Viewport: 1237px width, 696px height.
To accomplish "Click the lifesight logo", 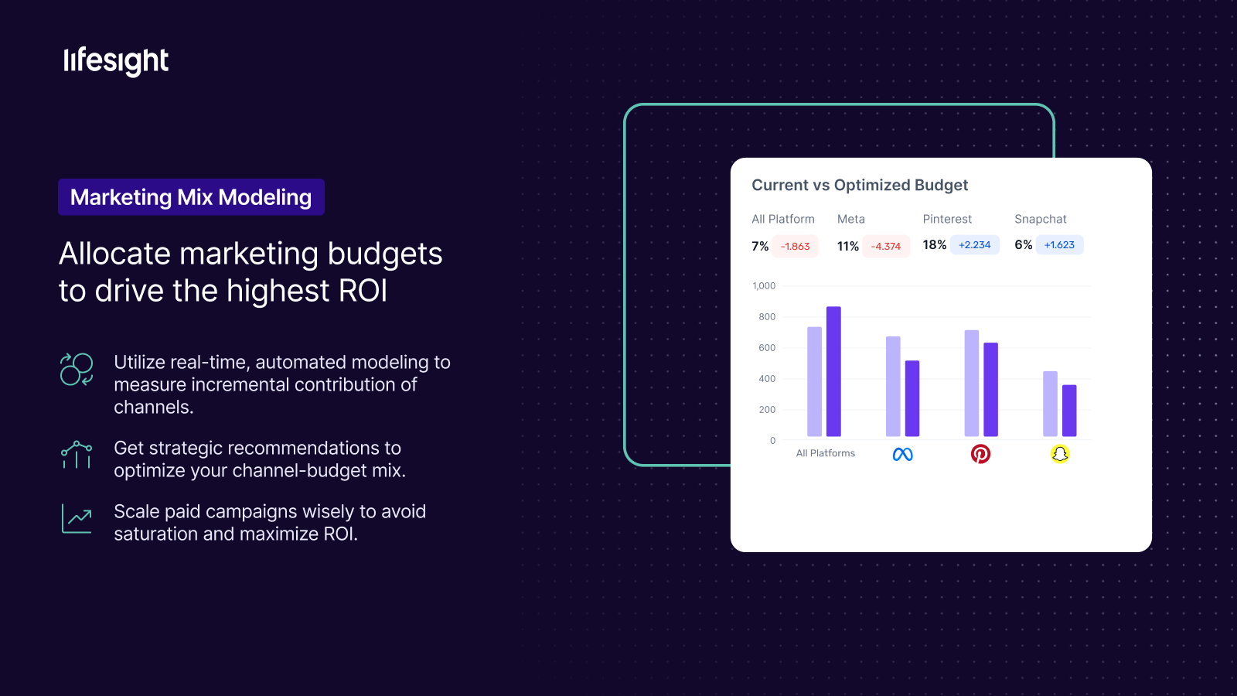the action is pos(116,61).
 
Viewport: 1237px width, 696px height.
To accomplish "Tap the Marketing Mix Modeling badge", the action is pos(191,197).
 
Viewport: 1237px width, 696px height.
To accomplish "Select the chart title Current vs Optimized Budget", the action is pos(860,185).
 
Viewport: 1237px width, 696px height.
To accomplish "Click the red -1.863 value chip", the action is pos(796,247).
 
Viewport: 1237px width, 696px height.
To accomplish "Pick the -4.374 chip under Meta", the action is pos(886,247).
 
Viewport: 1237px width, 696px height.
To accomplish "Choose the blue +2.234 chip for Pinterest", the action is pos(975,244).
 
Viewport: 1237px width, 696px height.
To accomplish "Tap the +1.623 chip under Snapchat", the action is pos(1059,244).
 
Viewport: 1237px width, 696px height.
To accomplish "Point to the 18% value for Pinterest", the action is pos(935,244).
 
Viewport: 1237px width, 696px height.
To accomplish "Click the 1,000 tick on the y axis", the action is pos(764,285).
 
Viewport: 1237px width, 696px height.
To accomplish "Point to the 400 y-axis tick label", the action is pos(767,378).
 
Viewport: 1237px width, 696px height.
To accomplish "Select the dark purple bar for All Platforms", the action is pos(834,372).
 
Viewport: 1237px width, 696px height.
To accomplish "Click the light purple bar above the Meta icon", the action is pos(893,387).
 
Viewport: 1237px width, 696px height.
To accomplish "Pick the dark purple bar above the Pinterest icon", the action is pos(990,390).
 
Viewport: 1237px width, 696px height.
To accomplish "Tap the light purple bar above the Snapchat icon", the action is pos(1051,404).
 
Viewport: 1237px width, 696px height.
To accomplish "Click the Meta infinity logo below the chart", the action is pos(903,454).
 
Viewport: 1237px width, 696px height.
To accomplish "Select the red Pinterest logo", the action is pos(981,454).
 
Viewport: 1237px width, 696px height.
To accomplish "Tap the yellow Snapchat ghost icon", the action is pos(1060,454).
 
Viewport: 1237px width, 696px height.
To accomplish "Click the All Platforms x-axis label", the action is pos(825,453).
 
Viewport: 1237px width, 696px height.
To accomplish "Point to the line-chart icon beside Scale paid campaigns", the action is pos(77,519).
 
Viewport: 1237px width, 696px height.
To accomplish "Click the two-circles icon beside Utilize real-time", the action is pos(77,369).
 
